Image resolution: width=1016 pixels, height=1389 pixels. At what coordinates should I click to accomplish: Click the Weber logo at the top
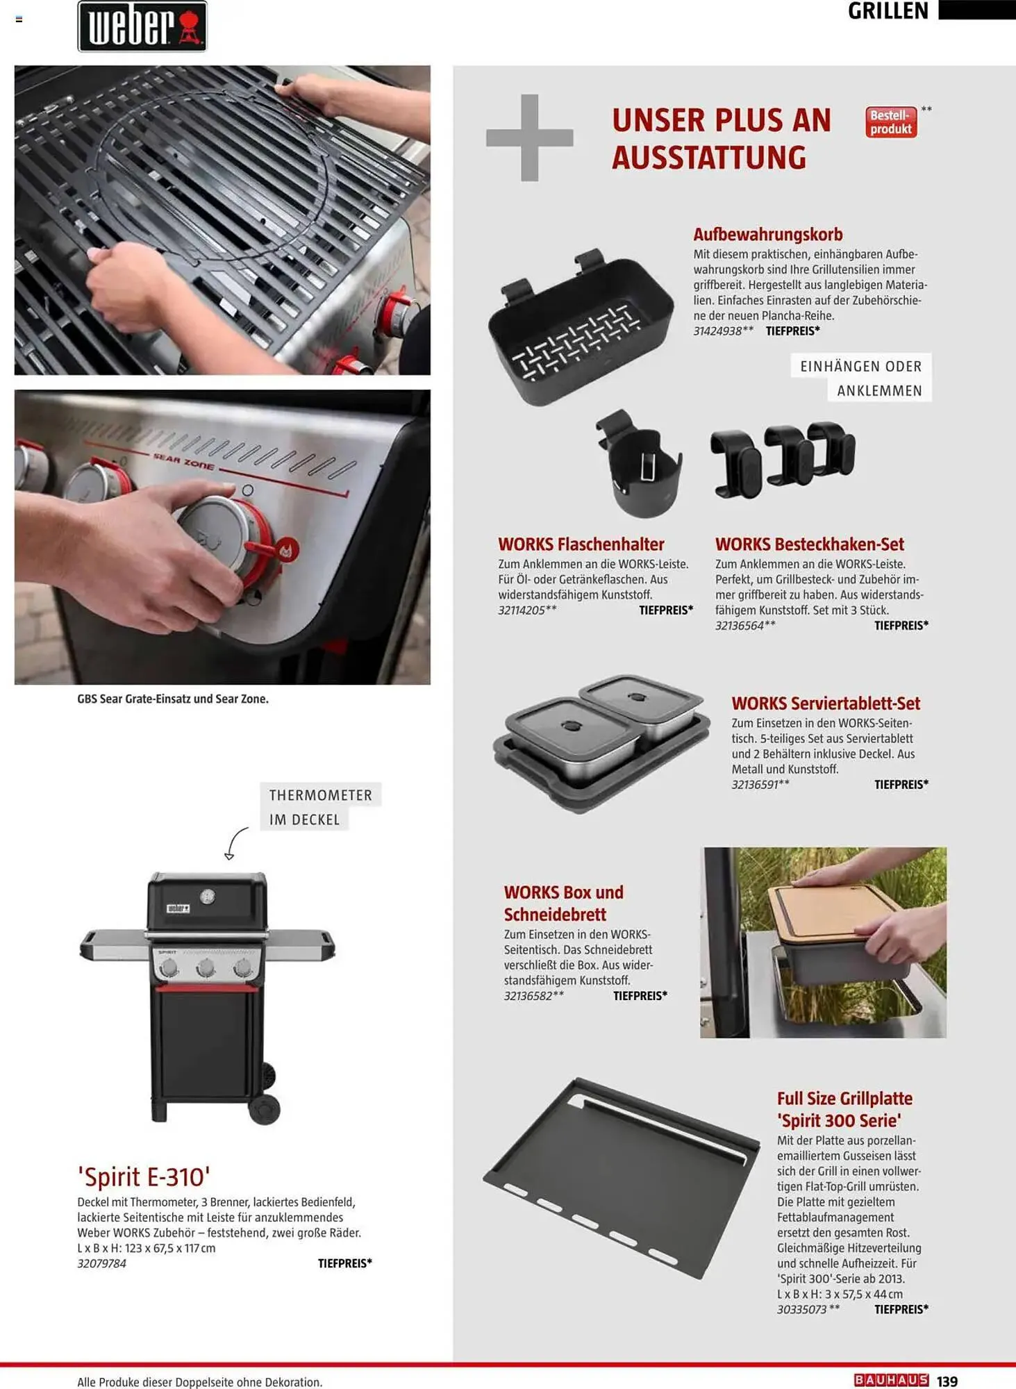tap(142, 26)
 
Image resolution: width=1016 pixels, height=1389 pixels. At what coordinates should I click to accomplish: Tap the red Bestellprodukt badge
tap(891, 122)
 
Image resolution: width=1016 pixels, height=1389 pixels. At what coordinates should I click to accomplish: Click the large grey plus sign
tap(529, 138)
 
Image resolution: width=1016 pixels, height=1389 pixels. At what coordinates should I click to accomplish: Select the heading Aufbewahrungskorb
tap(767, 234)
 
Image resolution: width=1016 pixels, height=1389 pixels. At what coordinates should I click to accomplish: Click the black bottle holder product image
tap(638, 463)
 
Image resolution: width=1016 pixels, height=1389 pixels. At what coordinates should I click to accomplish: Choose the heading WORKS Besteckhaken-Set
tap(809, 544)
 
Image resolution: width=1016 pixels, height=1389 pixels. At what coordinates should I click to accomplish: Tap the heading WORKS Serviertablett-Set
tap(825, 703)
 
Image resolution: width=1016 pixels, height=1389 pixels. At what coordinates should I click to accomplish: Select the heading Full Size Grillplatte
tap(844, 1098)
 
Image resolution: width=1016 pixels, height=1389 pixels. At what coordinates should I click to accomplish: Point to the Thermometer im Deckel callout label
tap(320, 807)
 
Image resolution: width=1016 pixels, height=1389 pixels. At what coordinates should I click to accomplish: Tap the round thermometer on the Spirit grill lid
tap(208, 897)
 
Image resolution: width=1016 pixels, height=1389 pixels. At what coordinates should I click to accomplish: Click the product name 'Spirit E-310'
tap(144, 1176)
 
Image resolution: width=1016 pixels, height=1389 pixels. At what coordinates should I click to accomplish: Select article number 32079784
tap(101, 1263)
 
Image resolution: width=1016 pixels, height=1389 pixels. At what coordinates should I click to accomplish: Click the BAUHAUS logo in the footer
tap(891, 1380)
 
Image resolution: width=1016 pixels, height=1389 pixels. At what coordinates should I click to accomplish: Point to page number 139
tap(947, 1381)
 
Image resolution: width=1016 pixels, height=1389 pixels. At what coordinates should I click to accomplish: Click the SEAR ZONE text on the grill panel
tap(183, 461)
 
